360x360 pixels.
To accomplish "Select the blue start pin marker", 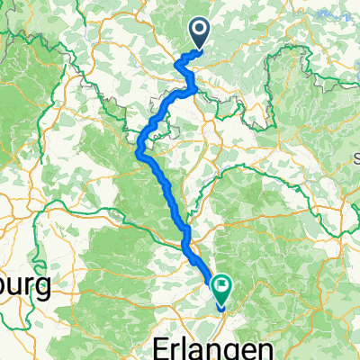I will [x=199, y=34].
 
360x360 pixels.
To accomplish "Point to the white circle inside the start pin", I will [x=199, y=31].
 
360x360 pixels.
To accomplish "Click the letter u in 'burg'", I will [x=14, y=290].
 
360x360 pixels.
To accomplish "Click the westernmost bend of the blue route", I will [x=139, y=150].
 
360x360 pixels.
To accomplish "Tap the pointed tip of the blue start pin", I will [x=199, y=49].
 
